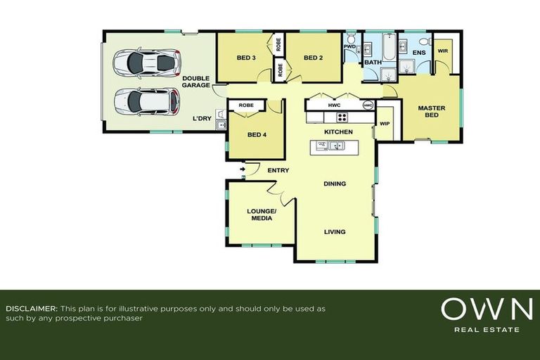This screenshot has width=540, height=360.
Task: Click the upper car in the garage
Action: click(x=146, y=63)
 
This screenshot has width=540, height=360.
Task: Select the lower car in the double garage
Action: click(x=146, y=101)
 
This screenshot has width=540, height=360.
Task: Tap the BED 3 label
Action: click(x=245, y=58)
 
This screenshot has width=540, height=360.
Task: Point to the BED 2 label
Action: click(x=314, y=58)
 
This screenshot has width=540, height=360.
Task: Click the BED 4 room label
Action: click(x=257, y=134)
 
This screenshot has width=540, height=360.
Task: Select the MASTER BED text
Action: click(x=431, y=112)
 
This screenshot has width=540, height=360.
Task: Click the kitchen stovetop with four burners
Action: click(x=342, y=117)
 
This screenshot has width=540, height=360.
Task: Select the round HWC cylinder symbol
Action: click(x=368, y=105)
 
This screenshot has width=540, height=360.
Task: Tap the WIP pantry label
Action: click(x=385, y=123)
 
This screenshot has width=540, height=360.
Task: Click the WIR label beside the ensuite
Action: click(x=443, y=51)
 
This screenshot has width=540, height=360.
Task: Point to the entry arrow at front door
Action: click(x=243, y=169)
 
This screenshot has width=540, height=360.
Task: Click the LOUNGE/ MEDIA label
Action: click(x=262, y=214)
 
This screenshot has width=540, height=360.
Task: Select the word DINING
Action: click(x=335, y=184)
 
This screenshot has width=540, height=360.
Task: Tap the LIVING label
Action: click(x=335, y=232)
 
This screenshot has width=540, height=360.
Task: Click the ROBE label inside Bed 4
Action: click(x=246, y=105)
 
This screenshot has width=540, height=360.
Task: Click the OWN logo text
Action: click(x=487, y=309)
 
